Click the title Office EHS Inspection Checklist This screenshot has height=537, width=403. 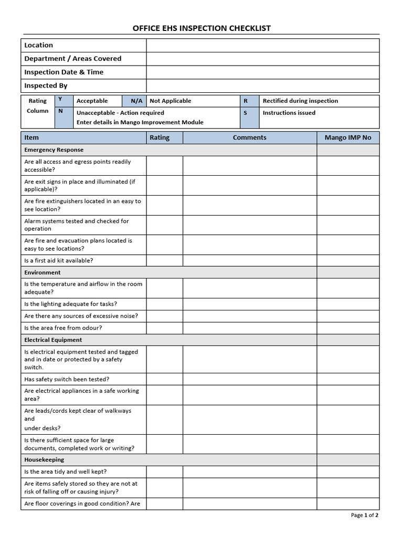click(x=201, y=28)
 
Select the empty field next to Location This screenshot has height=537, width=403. click(x=262, y=45)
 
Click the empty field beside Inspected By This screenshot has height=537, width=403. click(x=262, y=85)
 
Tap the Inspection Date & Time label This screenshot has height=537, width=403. click(x=64, y=72)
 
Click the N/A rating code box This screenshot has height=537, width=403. click(x=136, y=101)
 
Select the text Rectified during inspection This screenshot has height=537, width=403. click(x=300, y=101)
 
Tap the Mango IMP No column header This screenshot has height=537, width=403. click(x=347, y=137)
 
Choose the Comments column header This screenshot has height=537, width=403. click(x=249, y=137)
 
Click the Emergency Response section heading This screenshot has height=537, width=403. click(x=54, y=150)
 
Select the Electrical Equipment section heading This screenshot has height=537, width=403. click(x=53, y=340)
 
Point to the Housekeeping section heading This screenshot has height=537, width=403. click(x=44, y=459)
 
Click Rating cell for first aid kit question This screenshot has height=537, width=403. click(x=164, y=261)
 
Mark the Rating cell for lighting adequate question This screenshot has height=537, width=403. click(x=164, y=304)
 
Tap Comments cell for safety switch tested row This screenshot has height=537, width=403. click(x=249, y=379)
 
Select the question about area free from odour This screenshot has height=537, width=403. click(x=63, y=328)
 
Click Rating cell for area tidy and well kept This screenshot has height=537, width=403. click(x=164, y=471)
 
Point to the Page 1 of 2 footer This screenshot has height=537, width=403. click(x=364, y=515)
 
